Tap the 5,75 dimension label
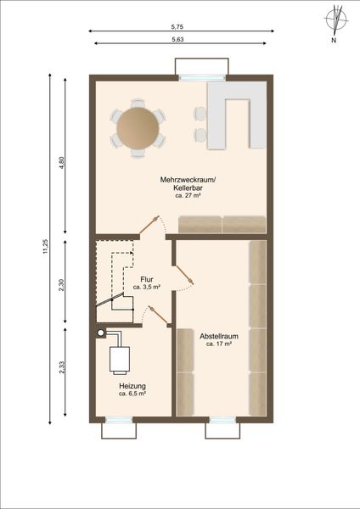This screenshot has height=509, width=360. click(x=177, y=27)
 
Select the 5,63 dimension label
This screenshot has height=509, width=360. click(x=177, y=40)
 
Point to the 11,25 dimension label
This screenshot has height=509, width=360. click(x=46, y=247)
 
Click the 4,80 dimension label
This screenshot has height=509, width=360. click(x=62, y=162)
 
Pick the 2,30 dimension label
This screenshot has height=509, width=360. click(x=62, y=285)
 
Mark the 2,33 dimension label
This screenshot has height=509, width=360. click(x=62, y=367)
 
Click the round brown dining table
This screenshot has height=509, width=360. click(x=138, y=128)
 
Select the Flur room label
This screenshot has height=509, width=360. click(x=147, y=279)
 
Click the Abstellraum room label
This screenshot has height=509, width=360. click(x=219, y=336)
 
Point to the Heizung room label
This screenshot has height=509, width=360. click(x=132, y=386)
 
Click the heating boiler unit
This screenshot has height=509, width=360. click(x=120, y=360)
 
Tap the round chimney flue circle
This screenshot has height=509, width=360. click(x=101, y=333)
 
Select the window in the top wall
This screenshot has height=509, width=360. click(x=202, y=78)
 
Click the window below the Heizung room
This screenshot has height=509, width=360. click(x=119, y=420)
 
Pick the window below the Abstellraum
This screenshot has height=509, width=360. click(x=222, y=420)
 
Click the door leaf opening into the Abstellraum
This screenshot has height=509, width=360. click(x=183, y=275)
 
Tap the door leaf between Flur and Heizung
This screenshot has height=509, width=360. click(x=159, y=316)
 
